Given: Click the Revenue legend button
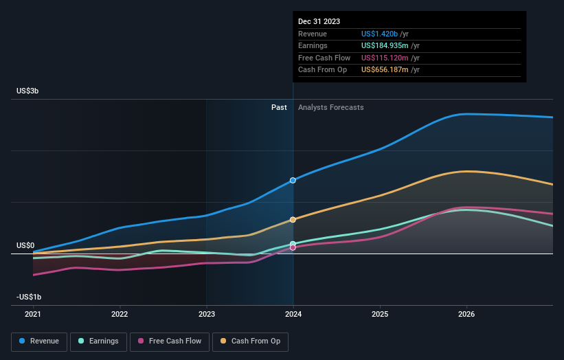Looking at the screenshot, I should [39, 341].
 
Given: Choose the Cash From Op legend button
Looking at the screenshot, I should [250, 341].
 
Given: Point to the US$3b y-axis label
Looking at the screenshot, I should [28, 91].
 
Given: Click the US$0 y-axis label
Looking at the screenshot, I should [25, 245].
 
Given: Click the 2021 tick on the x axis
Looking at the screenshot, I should [33, 314].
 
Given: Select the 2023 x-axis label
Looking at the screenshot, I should [206, 314].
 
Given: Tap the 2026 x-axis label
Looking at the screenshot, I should [466, 314].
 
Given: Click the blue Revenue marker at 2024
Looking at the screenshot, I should [293, 180].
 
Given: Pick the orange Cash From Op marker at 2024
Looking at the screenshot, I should [293, 220].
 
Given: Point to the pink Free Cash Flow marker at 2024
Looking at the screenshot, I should [293, 247].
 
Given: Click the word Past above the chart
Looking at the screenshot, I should [279, 107].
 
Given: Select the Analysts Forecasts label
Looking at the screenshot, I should [330, 107].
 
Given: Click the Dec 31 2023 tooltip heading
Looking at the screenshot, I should [319, 22].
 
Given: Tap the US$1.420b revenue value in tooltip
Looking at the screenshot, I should [381, 34].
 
